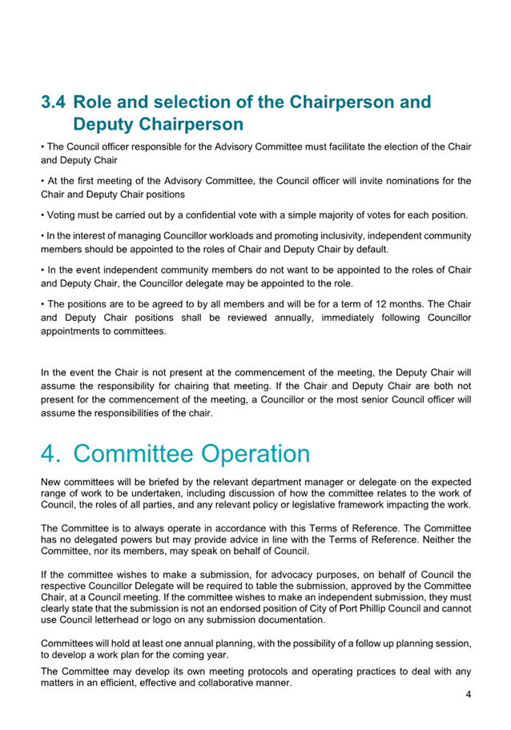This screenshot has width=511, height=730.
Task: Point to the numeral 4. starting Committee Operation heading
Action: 52,453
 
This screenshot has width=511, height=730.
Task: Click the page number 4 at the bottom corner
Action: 468,695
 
